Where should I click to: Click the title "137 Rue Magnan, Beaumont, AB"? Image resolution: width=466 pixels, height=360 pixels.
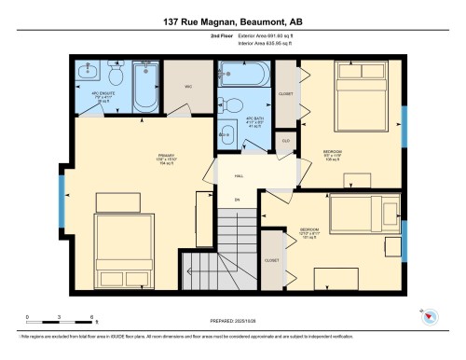click(233, 20)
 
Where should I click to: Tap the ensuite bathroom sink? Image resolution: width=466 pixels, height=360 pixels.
click(89, 71)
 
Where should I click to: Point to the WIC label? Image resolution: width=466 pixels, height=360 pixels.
click(186, 87)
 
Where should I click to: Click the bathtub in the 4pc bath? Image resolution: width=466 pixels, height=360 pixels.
click(244, 74)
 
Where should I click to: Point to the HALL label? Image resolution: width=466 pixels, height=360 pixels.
click(239, 176)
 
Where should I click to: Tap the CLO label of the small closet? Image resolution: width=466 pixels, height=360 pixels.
click(286, 141)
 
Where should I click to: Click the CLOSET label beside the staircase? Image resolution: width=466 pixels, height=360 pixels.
click(272, 260)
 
